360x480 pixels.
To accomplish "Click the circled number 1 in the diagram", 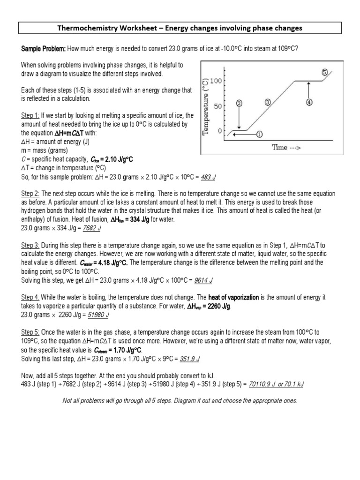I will (x=259, y=134).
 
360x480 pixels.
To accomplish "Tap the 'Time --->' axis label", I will (x=287, y=147).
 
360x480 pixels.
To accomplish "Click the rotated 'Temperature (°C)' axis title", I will (x=205, y=106).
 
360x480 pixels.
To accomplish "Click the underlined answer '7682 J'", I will (x=92, y=228).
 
